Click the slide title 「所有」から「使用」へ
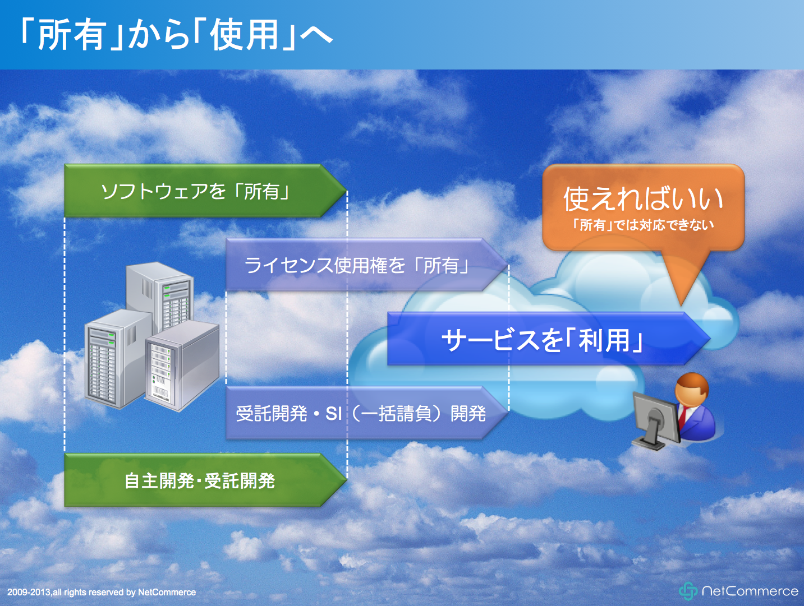tap(176, 35)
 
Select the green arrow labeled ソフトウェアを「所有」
tap(205, 191)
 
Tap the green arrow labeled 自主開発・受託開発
tap(205, 480)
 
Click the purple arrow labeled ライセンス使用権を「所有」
tap(367, 265)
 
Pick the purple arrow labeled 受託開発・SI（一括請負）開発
tap(367, 413)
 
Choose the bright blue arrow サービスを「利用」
tap(549, 339)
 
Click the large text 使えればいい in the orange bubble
tap(643, 199)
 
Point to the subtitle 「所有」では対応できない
tap(643, 225)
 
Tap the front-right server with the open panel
tap(182, 367)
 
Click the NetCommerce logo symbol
tap(688, 591)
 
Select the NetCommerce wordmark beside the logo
tap(750, 591)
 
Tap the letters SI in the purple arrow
tap(334, 414)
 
